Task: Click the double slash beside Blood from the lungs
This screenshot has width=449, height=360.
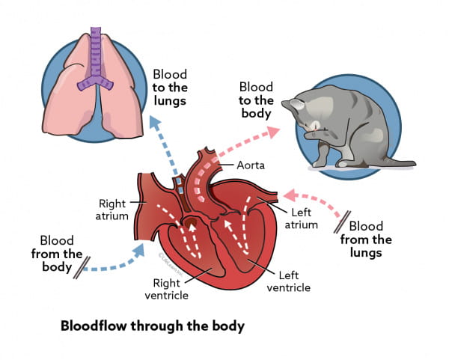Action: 340,222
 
